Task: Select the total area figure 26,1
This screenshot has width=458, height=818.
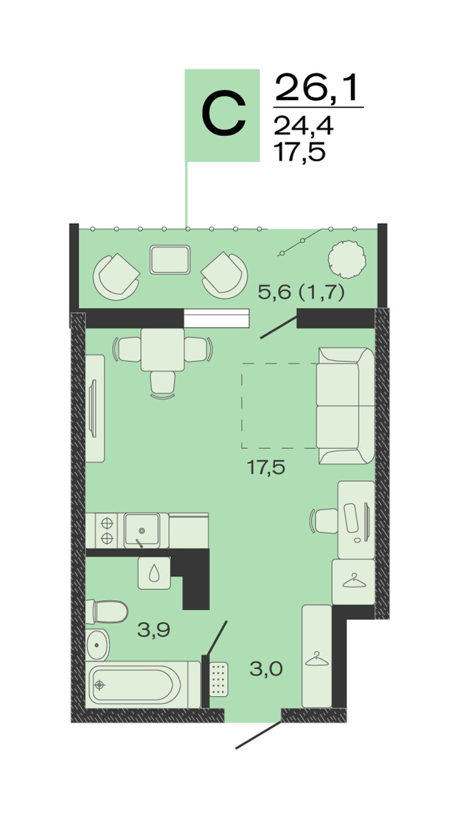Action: (316, 88)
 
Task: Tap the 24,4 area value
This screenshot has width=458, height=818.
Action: (304, 126)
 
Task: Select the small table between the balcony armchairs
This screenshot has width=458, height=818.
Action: (170, 260)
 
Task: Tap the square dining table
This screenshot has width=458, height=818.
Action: (162, 350)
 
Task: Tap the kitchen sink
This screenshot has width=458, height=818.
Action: (142, 530)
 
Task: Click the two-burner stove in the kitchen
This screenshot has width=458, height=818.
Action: (107, 530)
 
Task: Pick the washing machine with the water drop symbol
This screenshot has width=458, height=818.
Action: (154, 573)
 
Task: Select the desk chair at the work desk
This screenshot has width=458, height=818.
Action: (324, 520)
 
